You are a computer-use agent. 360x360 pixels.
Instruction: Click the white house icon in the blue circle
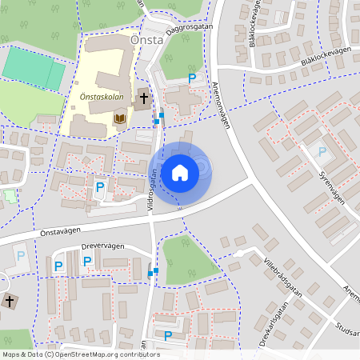click(x=180, y=172)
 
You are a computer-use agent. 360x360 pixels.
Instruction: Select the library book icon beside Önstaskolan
click(x=120, y=119)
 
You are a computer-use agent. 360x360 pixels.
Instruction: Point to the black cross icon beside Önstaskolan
click(x=144, y=98)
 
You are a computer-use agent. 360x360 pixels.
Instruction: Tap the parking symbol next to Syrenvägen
click(x=322, y=151)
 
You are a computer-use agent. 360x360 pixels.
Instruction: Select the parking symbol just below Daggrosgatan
click(x=191, y=78)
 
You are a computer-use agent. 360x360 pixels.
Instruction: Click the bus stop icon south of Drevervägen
click(x=152, y=273)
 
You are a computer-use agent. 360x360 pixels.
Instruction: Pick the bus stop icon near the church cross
click(x=159, y=118)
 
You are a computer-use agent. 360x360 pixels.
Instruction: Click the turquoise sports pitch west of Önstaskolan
click(x=34, y=69)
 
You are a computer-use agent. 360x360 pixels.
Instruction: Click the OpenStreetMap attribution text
click(x=70, y=354)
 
